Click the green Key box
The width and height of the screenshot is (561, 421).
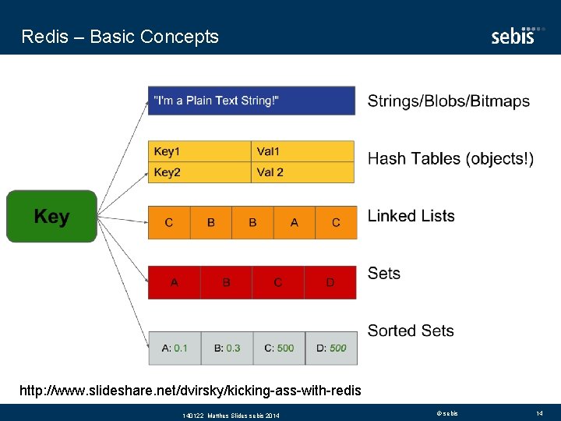coord(51,216)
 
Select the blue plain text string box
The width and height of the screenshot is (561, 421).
coord(252,101)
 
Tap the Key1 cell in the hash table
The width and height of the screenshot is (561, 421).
coord(199,151)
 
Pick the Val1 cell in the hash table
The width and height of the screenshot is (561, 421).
coord(303,151)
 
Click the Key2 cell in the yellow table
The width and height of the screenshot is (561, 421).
coord(199,172)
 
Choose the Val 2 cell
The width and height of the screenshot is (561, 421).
coord(303,172)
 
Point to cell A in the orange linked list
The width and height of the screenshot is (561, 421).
coord(295,222)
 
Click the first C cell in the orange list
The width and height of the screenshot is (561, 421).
coord(169,222)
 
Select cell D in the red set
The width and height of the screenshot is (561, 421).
coord(330,282)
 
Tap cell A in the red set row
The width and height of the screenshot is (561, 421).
coord(175,282)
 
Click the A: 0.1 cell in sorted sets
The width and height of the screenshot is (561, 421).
coord(175,348)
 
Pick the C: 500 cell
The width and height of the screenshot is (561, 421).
coord(279,348)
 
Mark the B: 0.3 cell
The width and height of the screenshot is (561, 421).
coord(227,348)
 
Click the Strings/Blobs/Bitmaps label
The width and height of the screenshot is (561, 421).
coord(448,101)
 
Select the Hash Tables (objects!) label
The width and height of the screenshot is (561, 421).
coord(450,159)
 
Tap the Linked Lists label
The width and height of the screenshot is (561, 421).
coord(411,216)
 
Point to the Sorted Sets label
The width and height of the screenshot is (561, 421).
coord(411,331)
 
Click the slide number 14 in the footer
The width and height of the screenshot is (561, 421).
coord(539,412)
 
